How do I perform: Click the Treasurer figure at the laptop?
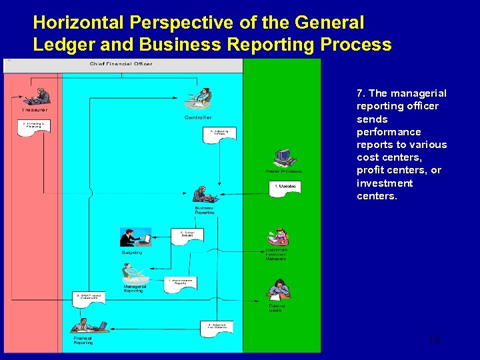(39, 97)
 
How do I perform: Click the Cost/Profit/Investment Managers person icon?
(277, 237)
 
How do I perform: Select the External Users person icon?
(277, 289)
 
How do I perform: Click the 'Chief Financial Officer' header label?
(121, 64)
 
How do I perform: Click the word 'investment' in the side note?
(385, 183)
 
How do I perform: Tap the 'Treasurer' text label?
(35, 110)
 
